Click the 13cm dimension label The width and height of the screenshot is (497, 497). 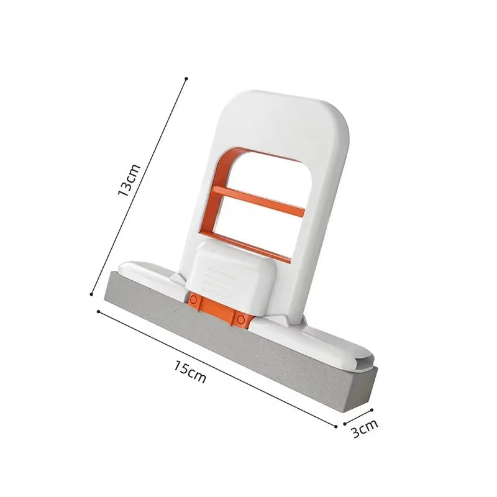(x=130, y=181)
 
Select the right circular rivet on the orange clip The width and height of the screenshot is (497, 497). (x=240, y=319)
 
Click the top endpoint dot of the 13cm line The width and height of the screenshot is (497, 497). (x=186, y=78)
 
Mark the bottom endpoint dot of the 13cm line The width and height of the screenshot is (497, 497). (x=92, y=294)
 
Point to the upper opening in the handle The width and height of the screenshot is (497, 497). (x=267, y=174)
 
